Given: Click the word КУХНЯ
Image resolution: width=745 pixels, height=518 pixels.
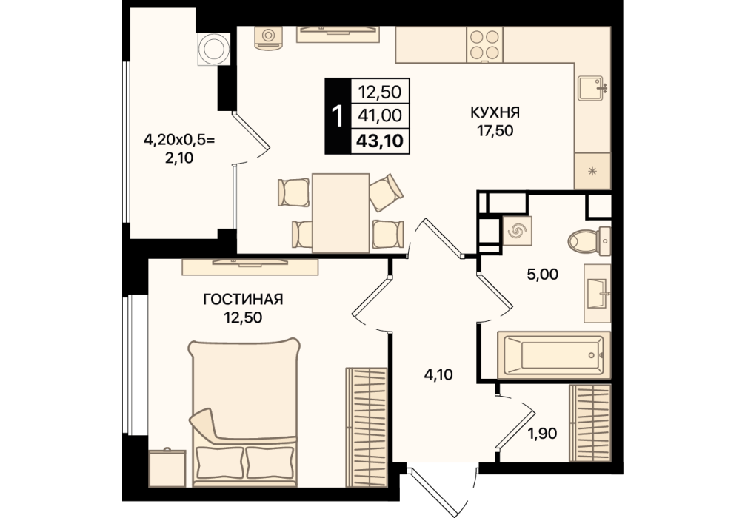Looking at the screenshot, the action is pos(495,112).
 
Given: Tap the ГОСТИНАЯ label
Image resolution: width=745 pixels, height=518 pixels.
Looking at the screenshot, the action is pos(243,300).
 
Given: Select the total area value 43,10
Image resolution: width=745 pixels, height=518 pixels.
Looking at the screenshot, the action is pos(380,141).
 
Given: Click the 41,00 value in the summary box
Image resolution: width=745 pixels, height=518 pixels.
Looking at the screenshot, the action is pos(380,115).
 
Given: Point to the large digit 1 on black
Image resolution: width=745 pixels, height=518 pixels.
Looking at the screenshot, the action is pos(338,116).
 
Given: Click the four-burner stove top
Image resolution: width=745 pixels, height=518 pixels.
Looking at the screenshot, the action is pos(484,44).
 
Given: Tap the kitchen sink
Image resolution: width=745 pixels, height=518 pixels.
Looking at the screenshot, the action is pos(592,88).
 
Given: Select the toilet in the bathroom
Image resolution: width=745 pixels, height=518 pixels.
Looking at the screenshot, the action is pos(589,240).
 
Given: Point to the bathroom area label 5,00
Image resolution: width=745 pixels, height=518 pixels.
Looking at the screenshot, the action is pos(543,274).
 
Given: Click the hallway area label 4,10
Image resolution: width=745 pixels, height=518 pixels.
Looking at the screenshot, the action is pos(438,375).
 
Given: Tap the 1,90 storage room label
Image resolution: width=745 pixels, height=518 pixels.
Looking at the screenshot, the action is pos(542,434).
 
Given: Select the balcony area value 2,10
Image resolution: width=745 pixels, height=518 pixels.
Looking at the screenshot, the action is pos(178,158).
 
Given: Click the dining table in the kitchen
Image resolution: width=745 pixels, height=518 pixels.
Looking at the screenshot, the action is pos(341,212).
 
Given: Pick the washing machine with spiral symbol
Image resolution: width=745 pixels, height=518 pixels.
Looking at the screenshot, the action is pos(516,231).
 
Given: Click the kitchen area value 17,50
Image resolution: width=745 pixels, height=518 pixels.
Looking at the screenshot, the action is pos(495,130).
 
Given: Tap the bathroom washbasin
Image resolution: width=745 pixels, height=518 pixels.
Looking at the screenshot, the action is pos(598,294).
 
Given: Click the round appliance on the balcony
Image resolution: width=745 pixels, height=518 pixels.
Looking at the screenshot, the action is pos(213,49).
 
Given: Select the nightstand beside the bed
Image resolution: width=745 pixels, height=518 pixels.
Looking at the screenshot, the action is pos(167,468).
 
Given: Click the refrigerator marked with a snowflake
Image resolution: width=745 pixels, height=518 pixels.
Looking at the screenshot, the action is pos(592,171).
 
